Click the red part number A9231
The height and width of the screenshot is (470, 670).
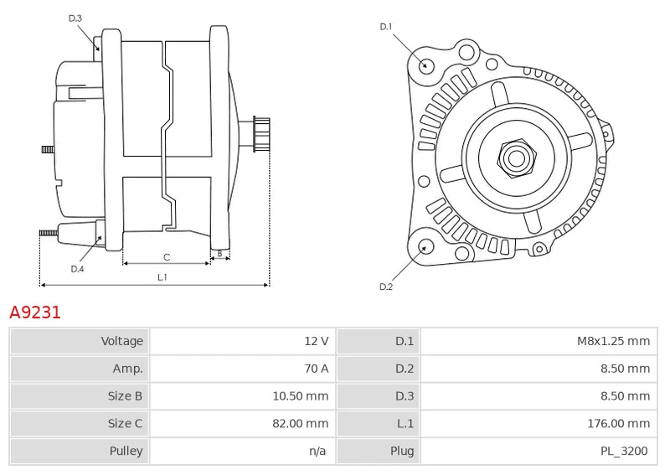coord(35,312)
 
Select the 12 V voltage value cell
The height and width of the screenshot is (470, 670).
coord(316,341)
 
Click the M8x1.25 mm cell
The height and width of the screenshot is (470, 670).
coord(613,341)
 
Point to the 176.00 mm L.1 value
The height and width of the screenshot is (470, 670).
coord(618,423)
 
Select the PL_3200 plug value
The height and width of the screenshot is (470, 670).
coord(624,451)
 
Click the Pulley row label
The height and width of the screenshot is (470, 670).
coord(126,451)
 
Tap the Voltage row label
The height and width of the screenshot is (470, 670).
coord(122,341)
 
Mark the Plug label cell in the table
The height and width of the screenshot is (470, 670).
coord(402,451)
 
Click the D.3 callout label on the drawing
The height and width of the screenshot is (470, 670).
coord(75,18)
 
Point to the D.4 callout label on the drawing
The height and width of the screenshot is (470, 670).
coord(77,269)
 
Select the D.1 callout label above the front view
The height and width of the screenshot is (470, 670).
coord(386,27)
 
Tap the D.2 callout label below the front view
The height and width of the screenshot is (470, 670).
coord(386,287)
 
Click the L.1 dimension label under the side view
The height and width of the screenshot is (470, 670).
coord(162,276)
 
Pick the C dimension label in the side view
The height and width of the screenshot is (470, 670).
coord(167,256)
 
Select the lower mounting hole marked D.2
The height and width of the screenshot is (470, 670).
coord(425,246)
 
